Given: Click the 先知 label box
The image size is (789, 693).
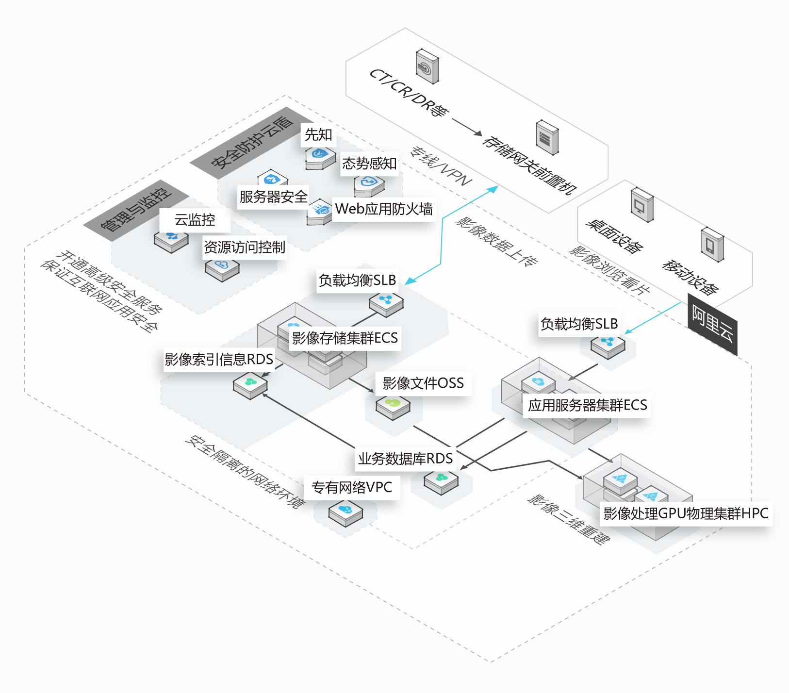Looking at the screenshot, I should point(318,135).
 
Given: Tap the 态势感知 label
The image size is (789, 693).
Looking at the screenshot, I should point(369,163).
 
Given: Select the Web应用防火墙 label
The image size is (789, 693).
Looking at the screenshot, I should point(383,209).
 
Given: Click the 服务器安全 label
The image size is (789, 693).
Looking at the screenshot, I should point(273,197).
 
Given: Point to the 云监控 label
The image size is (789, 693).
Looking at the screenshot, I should point(195,220).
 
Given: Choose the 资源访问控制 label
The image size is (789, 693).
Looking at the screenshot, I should point(244,247).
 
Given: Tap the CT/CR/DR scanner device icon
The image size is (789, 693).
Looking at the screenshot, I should point(427,66).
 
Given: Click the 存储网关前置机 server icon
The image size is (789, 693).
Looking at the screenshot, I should point(547,138).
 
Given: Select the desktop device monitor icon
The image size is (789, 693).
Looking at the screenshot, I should point(641,205).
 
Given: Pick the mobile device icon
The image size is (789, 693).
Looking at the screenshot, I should point(712,244).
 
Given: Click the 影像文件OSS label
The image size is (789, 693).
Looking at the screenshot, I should point(423,383).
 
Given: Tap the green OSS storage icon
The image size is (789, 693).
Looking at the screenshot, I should point(393,405).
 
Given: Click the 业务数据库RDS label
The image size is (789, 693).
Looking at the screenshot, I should point(405,459).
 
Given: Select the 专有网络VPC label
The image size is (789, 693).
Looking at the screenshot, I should point(352,487).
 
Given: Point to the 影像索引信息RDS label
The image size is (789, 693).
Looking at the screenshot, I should point(219,360).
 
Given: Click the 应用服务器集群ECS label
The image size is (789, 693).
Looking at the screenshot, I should point(588,405).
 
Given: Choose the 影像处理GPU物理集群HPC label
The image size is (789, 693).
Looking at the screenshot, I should point(686,513).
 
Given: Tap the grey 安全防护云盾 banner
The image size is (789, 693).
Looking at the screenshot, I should point(252,142).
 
